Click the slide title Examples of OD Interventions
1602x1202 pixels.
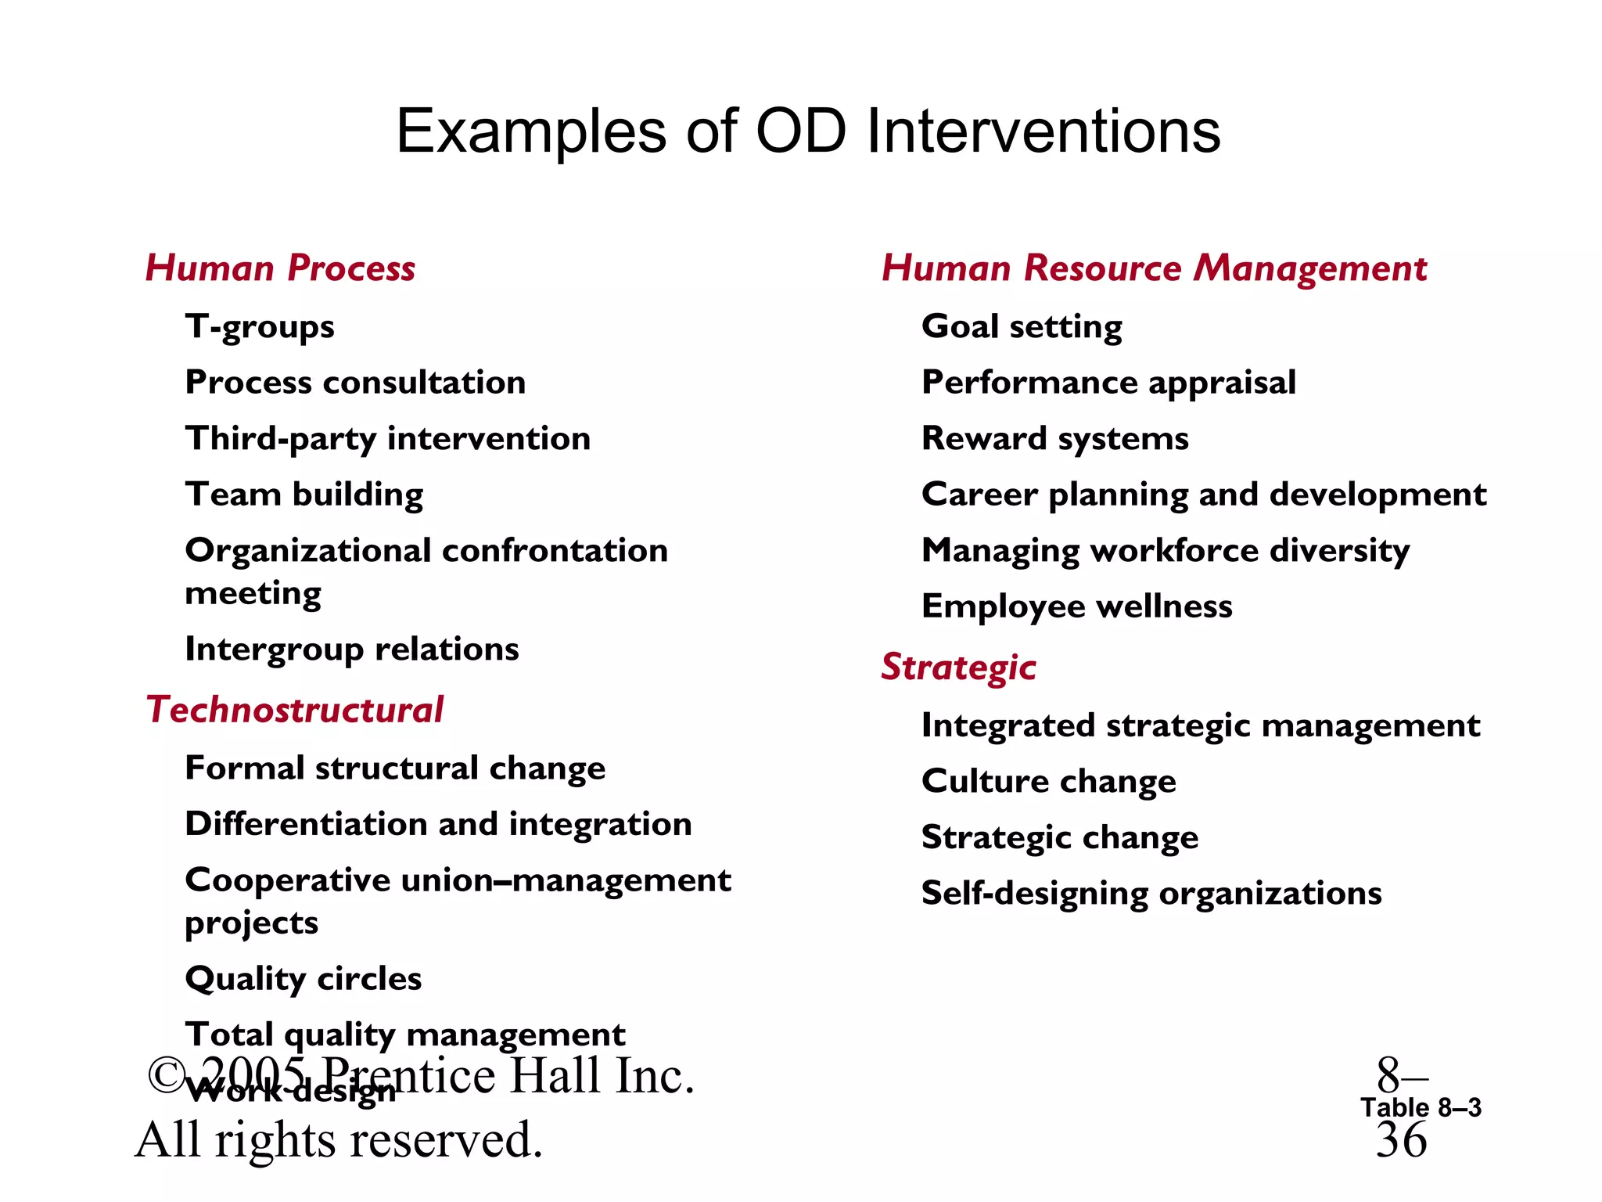807,131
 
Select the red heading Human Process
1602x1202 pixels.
280,268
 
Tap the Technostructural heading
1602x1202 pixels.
294,711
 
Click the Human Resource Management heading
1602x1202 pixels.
1154,268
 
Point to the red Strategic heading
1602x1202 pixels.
958,668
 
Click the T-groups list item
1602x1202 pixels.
260,327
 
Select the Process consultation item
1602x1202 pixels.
355,383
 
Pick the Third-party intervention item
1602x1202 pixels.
387,439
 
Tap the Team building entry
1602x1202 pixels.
304,495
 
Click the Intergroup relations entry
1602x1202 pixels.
352,650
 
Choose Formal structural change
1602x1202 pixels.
395,768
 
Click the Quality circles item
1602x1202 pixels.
304,979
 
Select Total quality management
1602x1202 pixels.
405,1035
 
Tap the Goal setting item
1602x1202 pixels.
1022,327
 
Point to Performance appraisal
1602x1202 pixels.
1108,383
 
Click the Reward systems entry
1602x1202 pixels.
1055,439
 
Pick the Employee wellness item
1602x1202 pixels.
1077,606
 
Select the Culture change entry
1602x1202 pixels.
1048,782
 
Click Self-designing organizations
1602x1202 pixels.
1151,894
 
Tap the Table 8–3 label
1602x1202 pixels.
1421,1107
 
